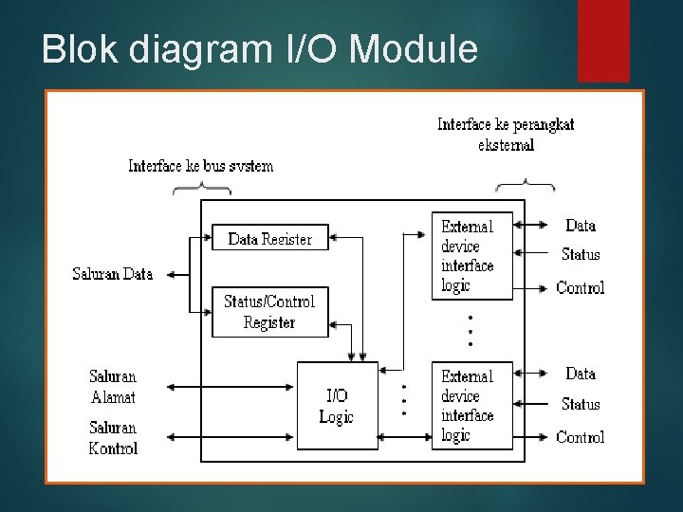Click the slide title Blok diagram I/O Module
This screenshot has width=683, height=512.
tap(259, 48)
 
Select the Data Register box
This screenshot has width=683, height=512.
tap(269, 239)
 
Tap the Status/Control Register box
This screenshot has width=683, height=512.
tap(269, 311)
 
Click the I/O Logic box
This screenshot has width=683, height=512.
tap(336, 406)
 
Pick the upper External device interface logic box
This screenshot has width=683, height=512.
tap(471, 255)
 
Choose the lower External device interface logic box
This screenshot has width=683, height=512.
tap(471, 406)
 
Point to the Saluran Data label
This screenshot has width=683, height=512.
tap(112, 275)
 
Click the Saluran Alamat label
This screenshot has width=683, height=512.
tap(113, 386)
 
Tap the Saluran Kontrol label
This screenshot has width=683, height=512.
tap(113, 438)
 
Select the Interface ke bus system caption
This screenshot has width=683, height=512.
tap(200, 167)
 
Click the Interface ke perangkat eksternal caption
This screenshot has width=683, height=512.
tap(506, 135)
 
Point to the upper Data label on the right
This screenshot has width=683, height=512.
tap(581, 226)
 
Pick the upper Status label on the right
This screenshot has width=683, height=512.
tap(581, 254)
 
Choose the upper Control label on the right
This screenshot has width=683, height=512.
tap(581, 287)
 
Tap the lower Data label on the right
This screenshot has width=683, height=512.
tap(581, 374)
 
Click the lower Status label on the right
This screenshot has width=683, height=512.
tap(581, 404)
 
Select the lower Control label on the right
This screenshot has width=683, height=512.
tap(581, 437)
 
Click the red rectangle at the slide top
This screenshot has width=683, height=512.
tap(603, 41)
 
